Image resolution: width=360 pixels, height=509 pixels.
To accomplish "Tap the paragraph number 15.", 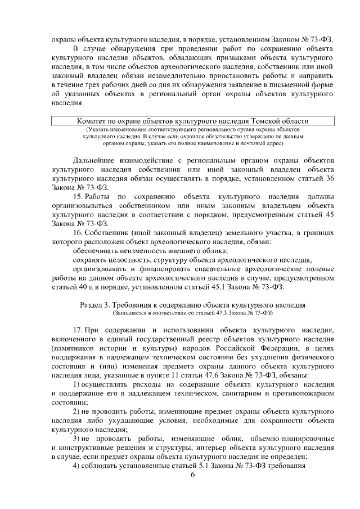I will point(79,196).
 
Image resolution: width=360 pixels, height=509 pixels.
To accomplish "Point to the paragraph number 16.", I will point(79,232).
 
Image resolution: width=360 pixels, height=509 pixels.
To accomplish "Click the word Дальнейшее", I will point(100,160).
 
